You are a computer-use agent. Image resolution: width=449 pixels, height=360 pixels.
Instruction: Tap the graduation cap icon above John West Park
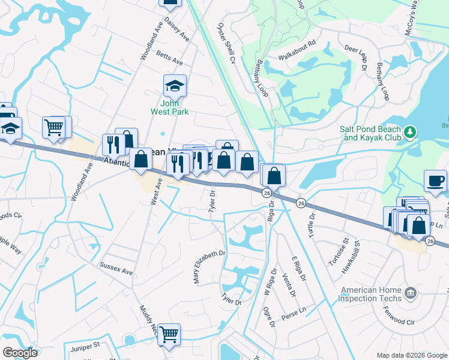[175, 86]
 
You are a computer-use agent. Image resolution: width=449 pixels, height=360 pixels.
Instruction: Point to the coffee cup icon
[435, 180]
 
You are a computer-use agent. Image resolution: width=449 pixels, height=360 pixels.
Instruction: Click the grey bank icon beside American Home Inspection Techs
[411, 293]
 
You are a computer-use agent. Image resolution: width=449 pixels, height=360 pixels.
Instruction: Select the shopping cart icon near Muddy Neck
[169, 334]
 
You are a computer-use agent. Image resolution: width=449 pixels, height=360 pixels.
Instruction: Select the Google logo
[20, 353]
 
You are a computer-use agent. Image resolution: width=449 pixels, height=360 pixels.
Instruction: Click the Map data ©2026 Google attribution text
[411, 355]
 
